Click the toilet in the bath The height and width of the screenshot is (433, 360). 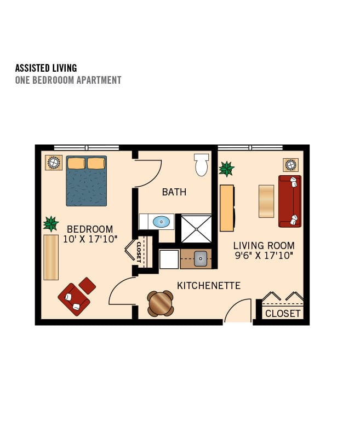(x=201, y=165)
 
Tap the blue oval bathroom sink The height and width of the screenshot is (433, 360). (x=161, y=222)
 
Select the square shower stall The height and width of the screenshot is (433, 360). (x=196, y=229)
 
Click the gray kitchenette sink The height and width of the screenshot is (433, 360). (x=201, y=259)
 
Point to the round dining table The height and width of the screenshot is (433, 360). (x=161, y=303)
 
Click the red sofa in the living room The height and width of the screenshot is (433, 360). (x=290, y=201)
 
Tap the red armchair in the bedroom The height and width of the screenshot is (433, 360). (x=73, y=299)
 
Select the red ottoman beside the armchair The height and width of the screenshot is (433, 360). (x=87, y=286)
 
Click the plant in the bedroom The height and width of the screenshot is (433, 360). (x=51, y=224)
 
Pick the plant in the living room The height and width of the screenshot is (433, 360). (x=227, y=169)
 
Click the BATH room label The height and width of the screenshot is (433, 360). (x=174, y=192)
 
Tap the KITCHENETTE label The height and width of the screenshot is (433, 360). (x=209, y=286)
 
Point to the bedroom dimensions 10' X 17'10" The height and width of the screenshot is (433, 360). (x=90, y=239)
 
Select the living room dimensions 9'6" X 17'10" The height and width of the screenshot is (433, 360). (x=264, y=256)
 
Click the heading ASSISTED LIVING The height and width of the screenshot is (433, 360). (x=46, y=68)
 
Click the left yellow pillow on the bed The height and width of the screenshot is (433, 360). (x=76, y=163)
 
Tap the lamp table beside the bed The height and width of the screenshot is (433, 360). (x=54, y=163)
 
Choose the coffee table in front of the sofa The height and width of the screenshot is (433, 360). (x=266, y=201)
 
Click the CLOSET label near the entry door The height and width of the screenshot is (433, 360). (x=283, y=314)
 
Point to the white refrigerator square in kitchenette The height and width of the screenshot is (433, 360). (x=169, y=259)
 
